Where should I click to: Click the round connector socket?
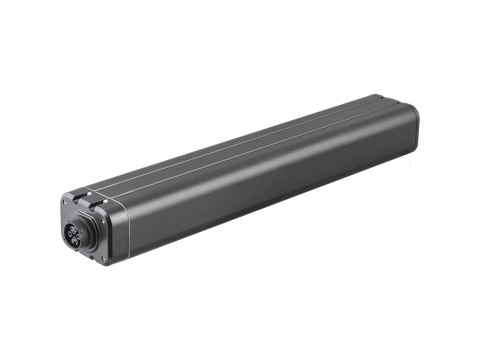[74, 236]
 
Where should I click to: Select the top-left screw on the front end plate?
[65, 201]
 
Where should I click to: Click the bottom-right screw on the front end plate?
[103, 259]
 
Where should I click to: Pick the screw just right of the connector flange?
[103, 220]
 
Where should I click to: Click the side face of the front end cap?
[116, 236]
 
